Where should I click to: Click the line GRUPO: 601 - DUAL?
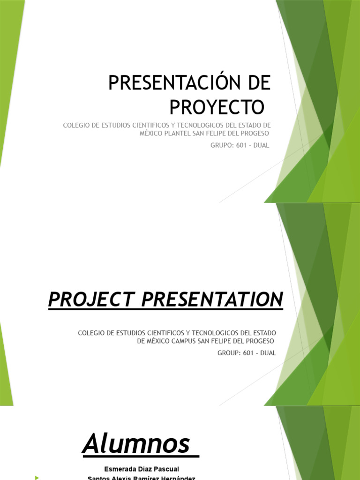240,145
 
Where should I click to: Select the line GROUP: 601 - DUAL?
247,353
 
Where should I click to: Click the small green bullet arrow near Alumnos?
37,478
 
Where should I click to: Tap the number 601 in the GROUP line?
247,353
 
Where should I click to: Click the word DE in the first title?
258,83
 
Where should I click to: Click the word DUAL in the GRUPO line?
261,145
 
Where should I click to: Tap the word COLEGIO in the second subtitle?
91,333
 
